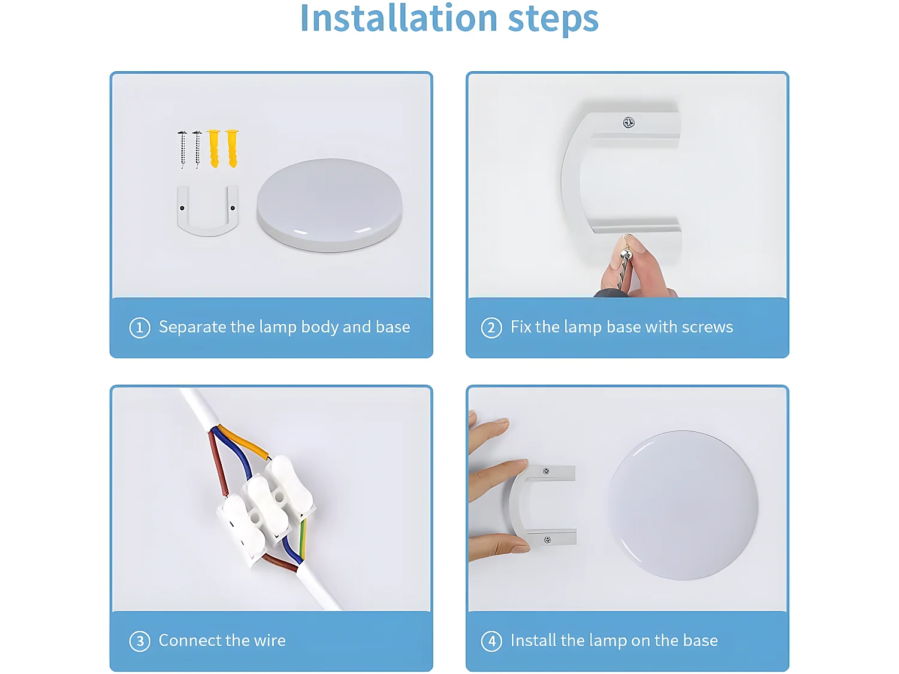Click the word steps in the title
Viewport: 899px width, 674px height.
point(553,20)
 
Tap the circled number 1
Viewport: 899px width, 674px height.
point(140,328)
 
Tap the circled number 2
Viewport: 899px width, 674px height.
point(491,328)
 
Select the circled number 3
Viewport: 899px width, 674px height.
point(140,641)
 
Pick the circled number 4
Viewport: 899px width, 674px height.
point(491,641)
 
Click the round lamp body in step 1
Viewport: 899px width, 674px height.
point(329,205)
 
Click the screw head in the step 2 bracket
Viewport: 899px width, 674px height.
point(628,122)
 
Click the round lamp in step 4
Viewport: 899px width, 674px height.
point(683,504)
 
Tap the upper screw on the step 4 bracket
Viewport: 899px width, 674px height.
point(546,472)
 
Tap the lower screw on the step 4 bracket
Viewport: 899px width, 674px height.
point(547,540)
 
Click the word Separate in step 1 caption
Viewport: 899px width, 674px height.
point(192,328)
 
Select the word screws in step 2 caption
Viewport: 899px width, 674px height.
point(707,327)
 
